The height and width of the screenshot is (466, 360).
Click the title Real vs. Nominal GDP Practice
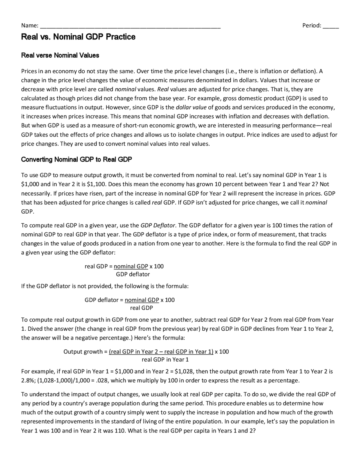78,37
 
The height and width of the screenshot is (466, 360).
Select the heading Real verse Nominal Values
60,55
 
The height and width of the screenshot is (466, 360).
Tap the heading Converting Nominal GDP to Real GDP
76,160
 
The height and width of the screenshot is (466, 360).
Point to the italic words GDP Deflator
158,225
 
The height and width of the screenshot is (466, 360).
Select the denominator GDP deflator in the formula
133,274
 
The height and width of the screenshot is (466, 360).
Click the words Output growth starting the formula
83,352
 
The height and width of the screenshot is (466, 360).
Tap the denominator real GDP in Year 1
165,360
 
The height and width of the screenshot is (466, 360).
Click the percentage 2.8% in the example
27,381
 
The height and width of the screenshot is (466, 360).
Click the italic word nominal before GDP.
316,203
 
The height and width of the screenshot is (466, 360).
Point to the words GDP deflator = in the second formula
104,300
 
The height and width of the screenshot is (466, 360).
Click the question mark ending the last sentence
254,431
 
